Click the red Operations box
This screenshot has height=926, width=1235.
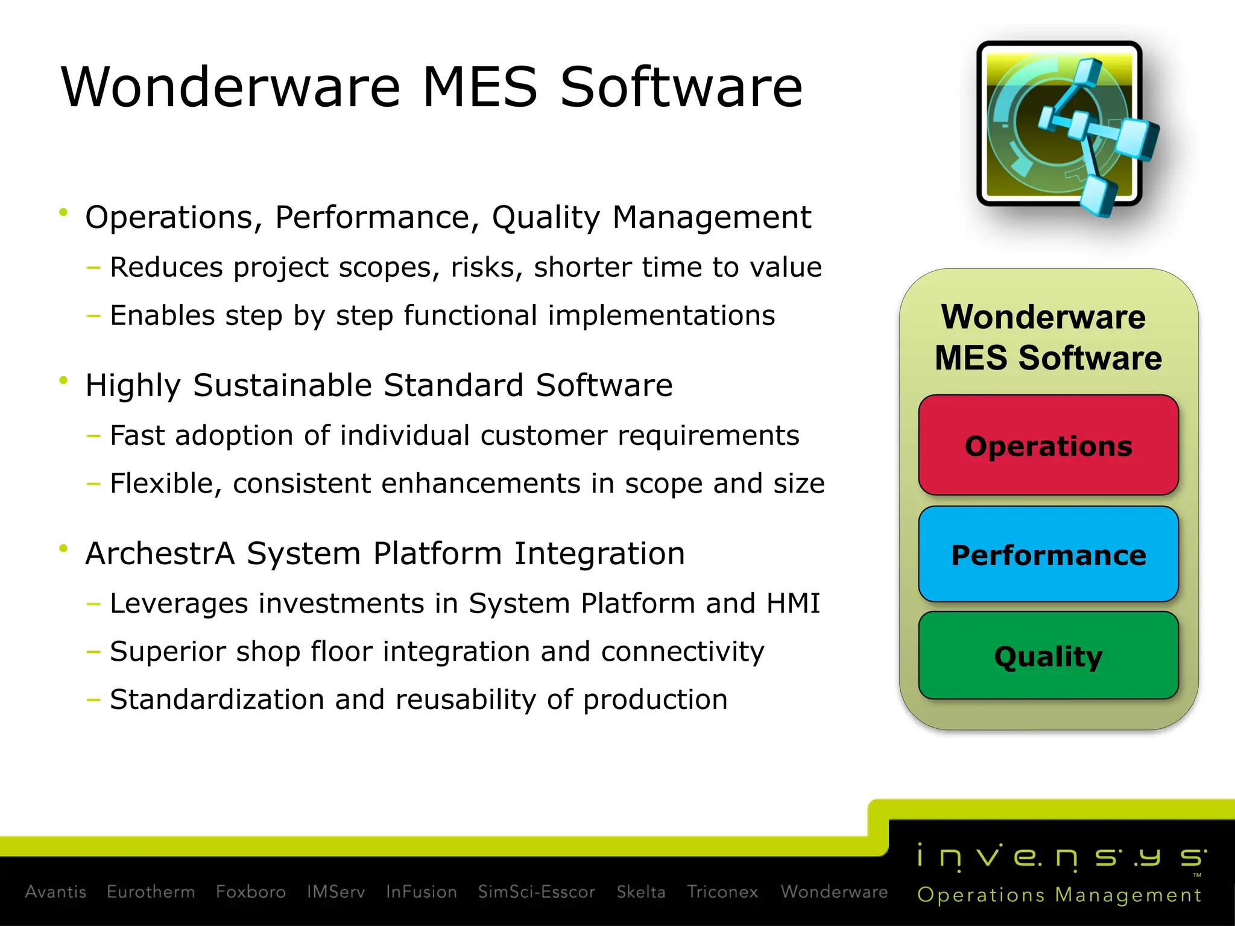point(1048,446)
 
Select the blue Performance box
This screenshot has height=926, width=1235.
point(1048,555)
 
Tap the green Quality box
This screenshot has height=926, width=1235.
point(1048,656)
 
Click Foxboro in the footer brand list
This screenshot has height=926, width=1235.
point(251,892)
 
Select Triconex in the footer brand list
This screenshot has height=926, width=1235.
point(722,892)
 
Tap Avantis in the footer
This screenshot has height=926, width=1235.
point(55,892)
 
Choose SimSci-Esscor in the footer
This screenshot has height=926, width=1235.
point(536,892)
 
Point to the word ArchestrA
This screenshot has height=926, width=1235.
point(160,553)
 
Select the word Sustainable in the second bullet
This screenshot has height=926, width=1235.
point(282,385)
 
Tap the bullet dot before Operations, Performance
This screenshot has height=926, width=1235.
point(63,212)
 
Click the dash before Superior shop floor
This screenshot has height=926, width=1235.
point(93,652)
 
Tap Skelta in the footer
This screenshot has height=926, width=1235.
point(640,892)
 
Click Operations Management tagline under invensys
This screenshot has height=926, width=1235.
point(1060,895)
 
